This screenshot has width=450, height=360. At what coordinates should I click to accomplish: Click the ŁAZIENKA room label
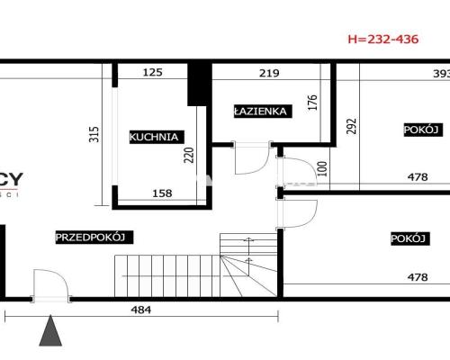coord(261,112)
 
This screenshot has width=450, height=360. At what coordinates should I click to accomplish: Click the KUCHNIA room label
coord(156,137)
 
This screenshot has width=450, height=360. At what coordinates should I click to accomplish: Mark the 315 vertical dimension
coord(92,134)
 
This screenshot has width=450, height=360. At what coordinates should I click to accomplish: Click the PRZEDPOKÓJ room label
coord(94,238)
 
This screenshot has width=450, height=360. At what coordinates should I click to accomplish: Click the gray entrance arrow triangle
coord(51,333)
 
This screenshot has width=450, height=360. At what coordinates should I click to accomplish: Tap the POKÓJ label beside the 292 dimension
coord(419,130)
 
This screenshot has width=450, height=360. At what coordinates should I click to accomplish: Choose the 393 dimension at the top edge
coord(440,73)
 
